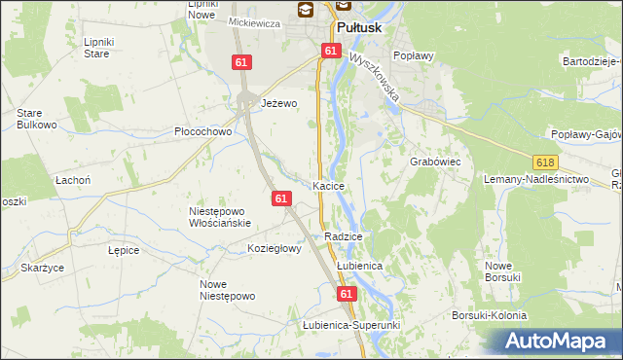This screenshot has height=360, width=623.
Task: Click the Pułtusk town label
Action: coord(362,29)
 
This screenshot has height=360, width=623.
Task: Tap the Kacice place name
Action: coord(331,185)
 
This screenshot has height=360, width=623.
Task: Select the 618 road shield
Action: coord(545,166)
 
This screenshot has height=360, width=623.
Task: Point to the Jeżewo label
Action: coord(278,102)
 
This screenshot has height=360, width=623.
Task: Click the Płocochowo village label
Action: coord(202,131)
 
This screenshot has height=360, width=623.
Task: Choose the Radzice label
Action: coord(344,236)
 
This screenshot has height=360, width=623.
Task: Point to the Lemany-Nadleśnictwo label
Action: coord(537,180)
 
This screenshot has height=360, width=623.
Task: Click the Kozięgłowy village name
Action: coord(275,248)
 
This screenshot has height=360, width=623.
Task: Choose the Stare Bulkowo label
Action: coord(36,119)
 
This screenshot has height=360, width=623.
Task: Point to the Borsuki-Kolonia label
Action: coord(489,315)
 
